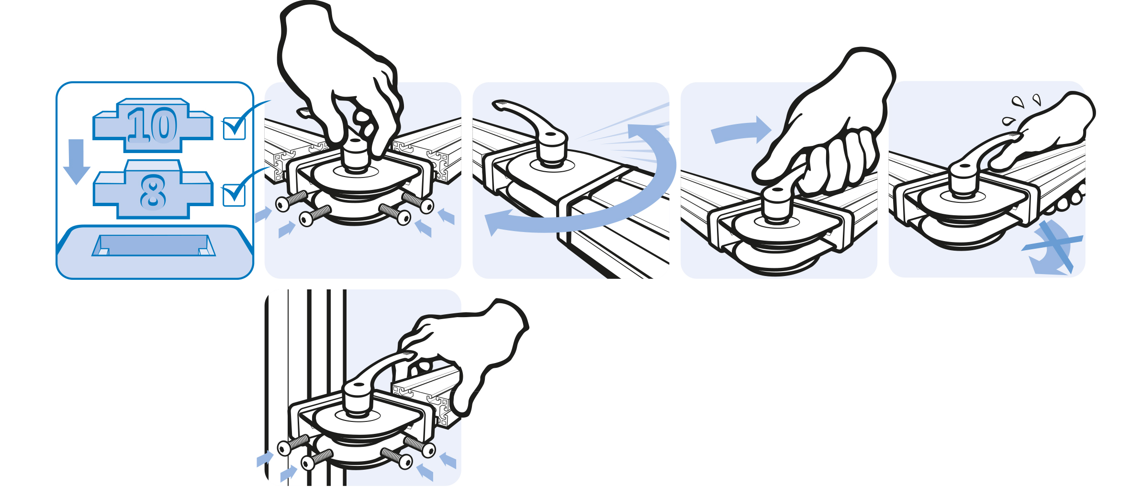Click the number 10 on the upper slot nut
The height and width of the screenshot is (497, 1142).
[x=152, y=125]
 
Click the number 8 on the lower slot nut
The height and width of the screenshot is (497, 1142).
[x=153, y=192]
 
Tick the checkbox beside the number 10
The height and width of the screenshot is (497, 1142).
[x=235, y=128]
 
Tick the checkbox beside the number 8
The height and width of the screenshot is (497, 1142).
[x=234, y=195]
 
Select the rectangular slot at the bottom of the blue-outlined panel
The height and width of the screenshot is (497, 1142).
[x=154, y=245]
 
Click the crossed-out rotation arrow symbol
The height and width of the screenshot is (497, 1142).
[x=1052, y=247]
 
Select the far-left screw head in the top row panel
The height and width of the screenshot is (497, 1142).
[x=283, y=204]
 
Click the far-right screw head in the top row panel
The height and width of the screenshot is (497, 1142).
[x=427, y=206]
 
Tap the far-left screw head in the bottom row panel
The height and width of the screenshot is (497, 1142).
[x=284, y=448]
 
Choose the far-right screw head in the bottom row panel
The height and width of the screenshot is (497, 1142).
[x=429, y=450]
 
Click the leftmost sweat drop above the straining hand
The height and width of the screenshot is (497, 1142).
[x=1008, y=121]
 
